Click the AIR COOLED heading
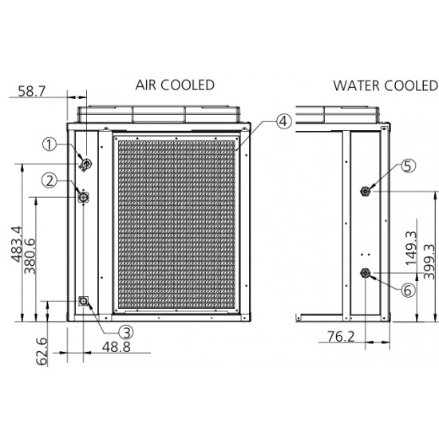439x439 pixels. tap(175, 85)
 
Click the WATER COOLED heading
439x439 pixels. tap(386, 85)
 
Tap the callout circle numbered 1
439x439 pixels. tap(49, 144)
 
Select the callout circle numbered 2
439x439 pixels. tap(49, 180)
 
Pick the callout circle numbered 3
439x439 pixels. tap(126, 333)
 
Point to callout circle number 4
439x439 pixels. tap(284, 121)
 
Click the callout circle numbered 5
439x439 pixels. tap(409, 165)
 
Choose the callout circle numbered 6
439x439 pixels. tap(408, 290)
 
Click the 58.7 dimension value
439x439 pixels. tap(31, 91)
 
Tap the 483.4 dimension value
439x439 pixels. tap(17, 244)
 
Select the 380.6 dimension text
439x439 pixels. tap(30, 256)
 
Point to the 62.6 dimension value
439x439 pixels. tap(42, 352)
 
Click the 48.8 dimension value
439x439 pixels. tap(117, 347)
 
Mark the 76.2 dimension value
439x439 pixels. tap(341, 336)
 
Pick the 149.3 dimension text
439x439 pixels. tap(411, 248)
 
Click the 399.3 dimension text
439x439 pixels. tap(429, 262)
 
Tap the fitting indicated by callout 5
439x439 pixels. tap(365, 192)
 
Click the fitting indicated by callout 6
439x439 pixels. tap(365, 272)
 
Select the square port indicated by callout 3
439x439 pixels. tap(83, 301)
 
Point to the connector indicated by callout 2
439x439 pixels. tap(83, 197)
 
